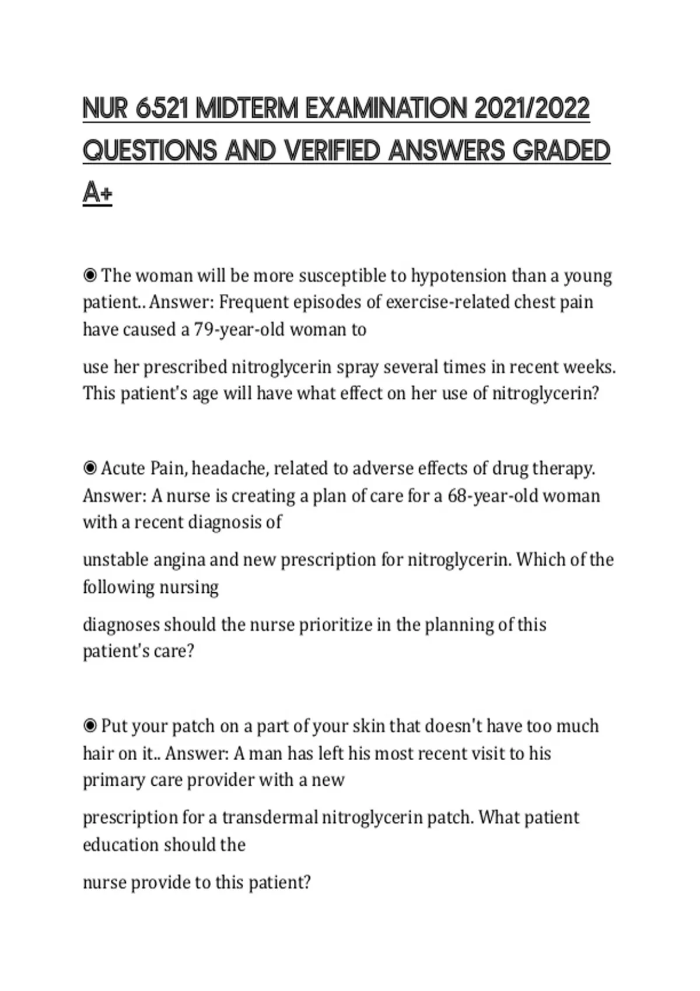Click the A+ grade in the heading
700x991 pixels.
97,193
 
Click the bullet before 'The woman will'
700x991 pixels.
90,275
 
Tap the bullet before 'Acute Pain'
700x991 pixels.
90,468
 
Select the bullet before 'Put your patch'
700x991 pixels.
90,726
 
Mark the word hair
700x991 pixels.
96,754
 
